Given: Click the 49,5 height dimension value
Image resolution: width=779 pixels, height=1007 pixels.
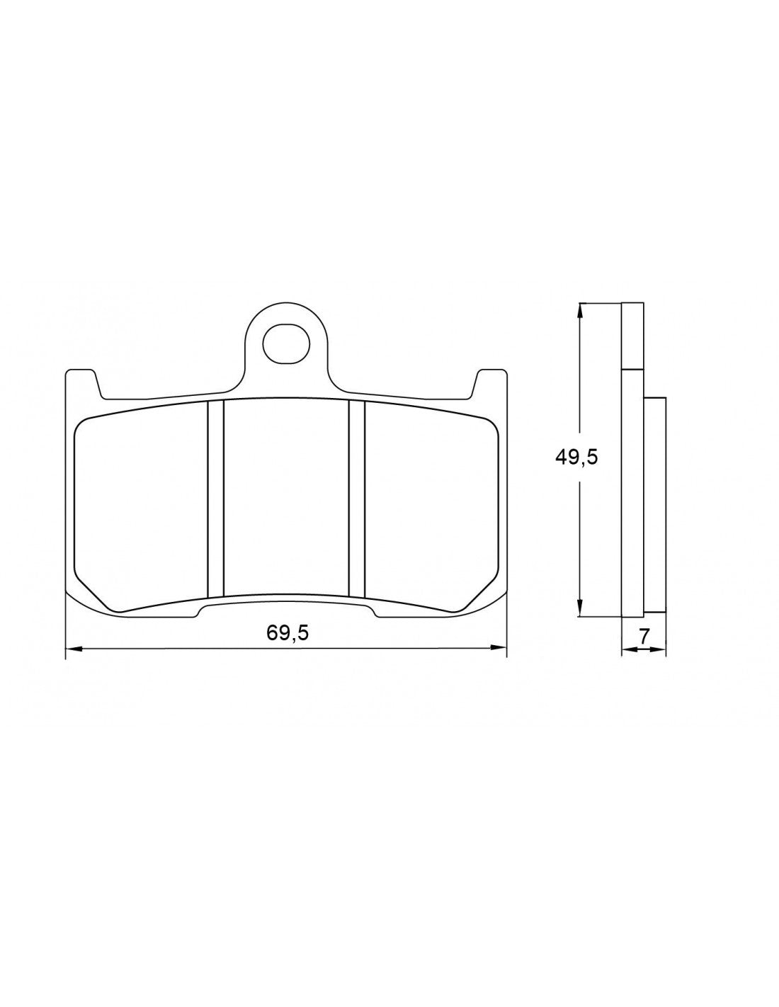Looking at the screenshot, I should point(576,457).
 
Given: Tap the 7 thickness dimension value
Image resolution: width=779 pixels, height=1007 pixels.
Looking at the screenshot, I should point(644,636).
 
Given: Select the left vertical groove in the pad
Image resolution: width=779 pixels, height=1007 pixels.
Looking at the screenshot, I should point(215,499).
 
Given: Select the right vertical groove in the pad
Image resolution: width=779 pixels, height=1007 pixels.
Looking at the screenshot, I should point(357,499).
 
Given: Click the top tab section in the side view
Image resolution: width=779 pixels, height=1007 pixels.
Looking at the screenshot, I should point(632,336).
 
